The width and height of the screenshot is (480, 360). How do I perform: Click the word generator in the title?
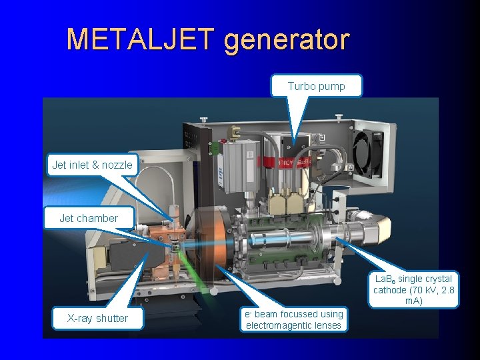coord(286,39)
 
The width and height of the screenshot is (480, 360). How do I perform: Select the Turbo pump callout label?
coord(316,86)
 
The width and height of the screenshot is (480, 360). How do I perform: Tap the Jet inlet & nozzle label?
coord(92,165)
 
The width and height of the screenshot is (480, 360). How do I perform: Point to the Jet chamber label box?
coord(89,218)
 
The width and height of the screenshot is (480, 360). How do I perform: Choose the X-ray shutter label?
coord(98,318)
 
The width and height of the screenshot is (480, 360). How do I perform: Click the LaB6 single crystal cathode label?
coord(413,290)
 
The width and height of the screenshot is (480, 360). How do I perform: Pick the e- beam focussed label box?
coord(294,319)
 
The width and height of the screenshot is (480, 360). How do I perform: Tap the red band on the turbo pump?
coord(287,163)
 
